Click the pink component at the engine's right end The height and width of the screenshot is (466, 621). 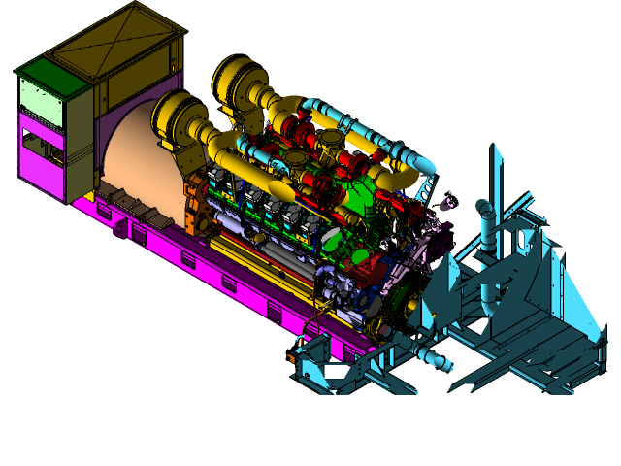pyautogui.click(x=447, y=205)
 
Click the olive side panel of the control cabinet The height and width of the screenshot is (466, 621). pyautogui.click(x=79, y=136)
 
